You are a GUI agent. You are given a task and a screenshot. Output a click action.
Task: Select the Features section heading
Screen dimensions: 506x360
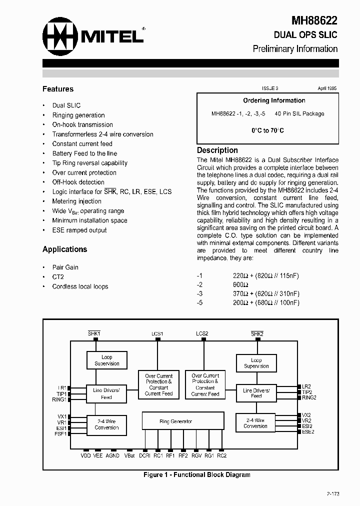coord(58,89)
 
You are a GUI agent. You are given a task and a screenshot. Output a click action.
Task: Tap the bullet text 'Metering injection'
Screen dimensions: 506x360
coord(76,201)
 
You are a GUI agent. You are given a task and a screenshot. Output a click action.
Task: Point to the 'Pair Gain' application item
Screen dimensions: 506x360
coord(65,267)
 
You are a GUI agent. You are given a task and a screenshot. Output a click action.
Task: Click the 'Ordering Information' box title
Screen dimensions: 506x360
coord(274,100)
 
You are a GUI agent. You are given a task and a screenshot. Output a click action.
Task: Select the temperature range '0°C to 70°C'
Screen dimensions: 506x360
coord(267,130)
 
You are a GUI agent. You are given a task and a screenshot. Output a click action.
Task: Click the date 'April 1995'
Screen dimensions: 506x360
coord(327,88)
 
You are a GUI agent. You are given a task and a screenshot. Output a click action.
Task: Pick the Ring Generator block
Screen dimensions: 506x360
coord(175,421)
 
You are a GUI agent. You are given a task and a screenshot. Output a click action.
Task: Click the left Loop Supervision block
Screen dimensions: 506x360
coord(107,360)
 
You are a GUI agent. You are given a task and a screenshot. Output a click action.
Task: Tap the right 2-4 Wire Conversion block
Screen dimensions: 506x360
coord(255,423)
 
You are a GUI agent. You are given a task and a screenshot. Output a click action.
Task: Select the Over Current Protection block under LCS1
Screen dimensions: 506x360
coord(158,384)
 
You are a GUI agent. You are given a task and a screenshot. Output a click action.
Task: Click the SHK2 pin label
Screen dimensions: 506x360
coord(257,333)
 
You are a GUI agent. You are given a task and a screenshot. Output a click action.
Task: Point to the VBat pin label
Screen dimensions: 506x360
coord(129,455)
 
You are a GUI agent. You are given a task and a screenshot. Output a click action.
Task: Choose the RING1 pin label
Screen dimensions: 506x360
coord(59,400)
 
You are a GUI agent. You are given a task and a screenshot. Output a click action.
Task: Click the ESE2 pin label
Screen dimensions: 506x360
coord(308,432)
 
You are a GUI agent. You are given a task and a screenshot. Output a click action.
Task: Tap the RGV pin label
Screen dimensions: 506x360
coord(196,455)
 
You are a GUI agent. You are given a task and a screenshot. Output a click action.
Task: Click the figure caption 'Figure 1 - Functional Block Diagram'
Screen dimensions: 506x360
coord(196,474)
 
